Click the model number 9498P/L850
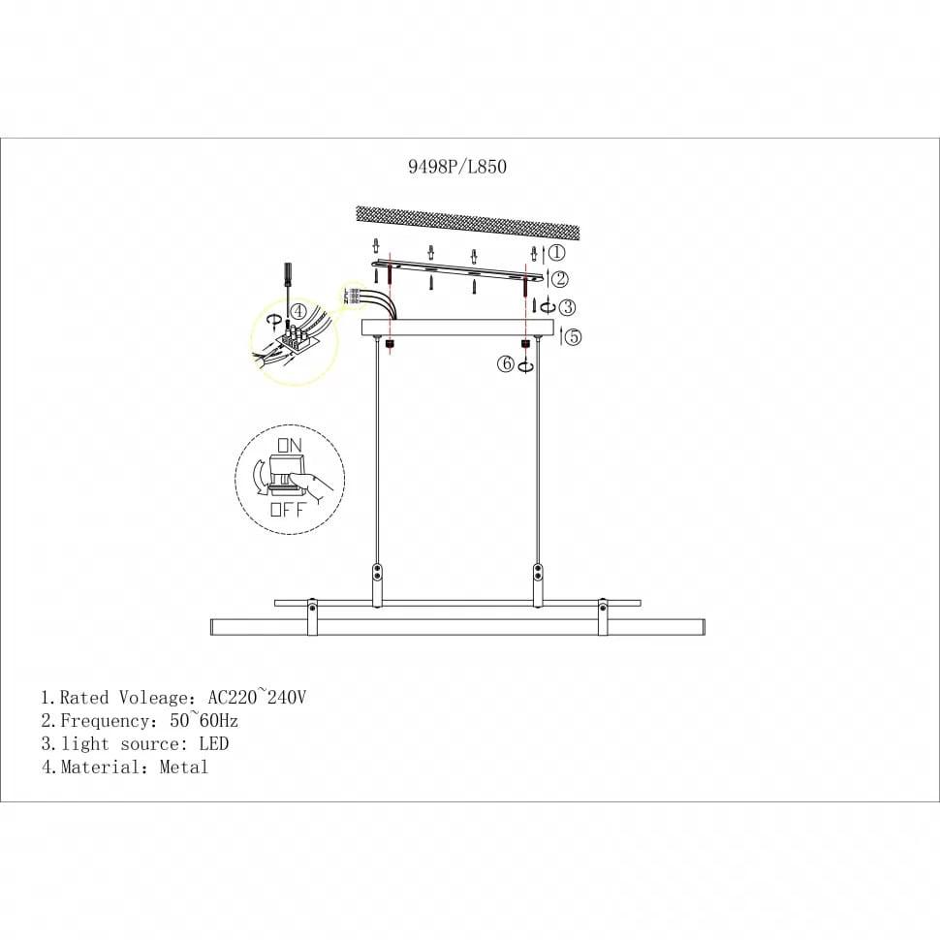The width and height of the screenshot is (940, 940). [457, 166]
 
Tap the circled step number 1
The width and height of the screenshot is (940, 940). [557, 252]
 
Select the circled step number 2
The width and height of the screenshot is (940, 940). [560, 279]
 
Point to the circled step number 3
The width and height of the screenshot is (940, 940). [567, 307]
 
